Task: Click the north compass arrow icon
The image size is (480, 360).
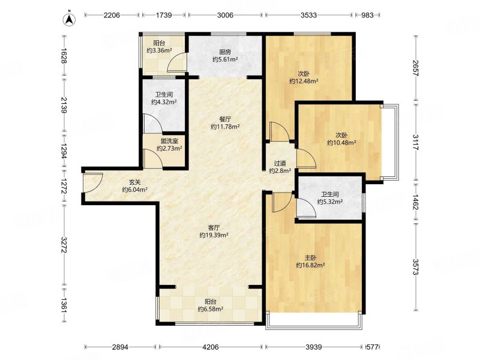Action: [x=70, y=19]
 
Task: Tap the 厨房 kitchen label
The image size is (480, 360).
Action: [x=225, y=52]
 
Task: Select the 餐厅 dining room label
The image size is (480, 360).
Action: [x=225, y=119]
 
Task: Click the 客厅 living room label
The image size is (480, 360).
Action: [x=214, y=228]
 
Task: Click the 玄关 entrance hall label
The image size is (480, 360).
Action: [x=134, y=182]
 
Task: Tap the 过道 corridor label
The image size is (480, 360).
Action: [x=280, y=163]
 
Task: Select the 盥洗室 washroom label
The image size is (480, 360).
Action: [x=170, y=141]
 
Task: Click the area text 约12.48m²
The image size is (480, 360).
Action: [x=304, y=81]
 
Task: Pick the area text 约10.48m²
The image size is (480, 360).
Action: [x=341, y=142]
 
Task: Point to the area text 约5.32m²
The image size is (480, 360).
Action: [x=329, y=202]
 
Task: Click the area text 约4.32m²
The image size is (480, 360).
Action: [x=164, y=102]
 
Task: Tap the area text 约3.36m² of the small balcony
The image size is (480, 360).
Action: [x=159, y=50]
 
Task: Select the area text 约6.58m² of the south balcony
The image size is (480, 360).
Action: [x=211, y=309]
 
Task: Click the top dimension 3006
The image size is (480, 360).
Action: [x=226, y=15]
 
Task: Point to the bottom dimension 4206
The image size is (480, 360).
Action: [x=211, y=347]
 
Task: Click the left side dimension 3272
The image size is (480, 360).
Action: [x=64, y=245]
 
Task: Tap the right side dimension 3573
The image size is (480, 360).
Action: [x=415, y=267]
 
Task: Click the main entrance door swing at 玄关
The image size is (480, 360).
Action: [x=93, y=183]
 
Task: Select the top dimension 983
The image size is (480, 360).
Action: [x=367, y=15]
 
